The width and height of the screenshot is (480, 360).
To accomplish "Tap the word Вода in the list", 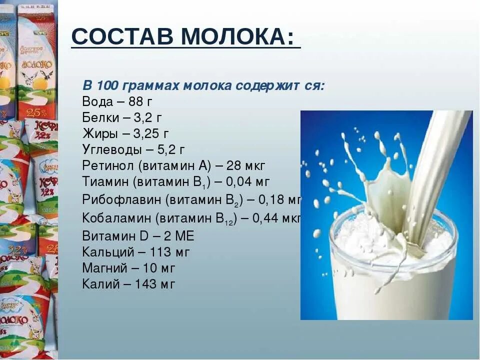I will point(97,101).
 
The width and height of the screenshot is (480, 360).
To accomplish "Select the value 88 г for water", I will point(140,101).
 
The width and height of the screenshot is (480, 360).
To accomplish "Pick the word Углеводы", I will point(111,149).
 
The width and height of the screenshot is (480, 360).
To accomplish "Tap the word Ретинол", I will point(108,165).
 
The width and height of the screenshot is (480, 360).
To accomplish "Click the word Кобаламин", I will point(118,218).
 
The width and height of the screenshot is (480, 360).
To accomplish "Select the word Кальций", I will point(104,252).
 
